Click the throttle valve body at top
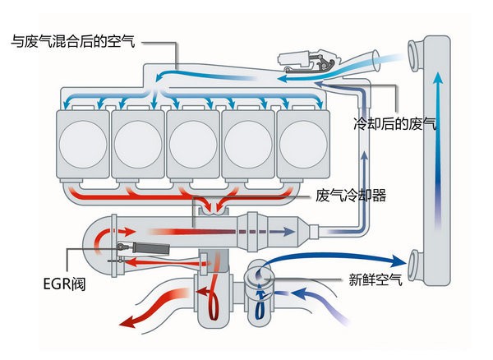pyautogui.click(x=309, y=59)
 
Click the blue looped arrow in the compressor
pyautogui.click(x=260, y=299)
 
